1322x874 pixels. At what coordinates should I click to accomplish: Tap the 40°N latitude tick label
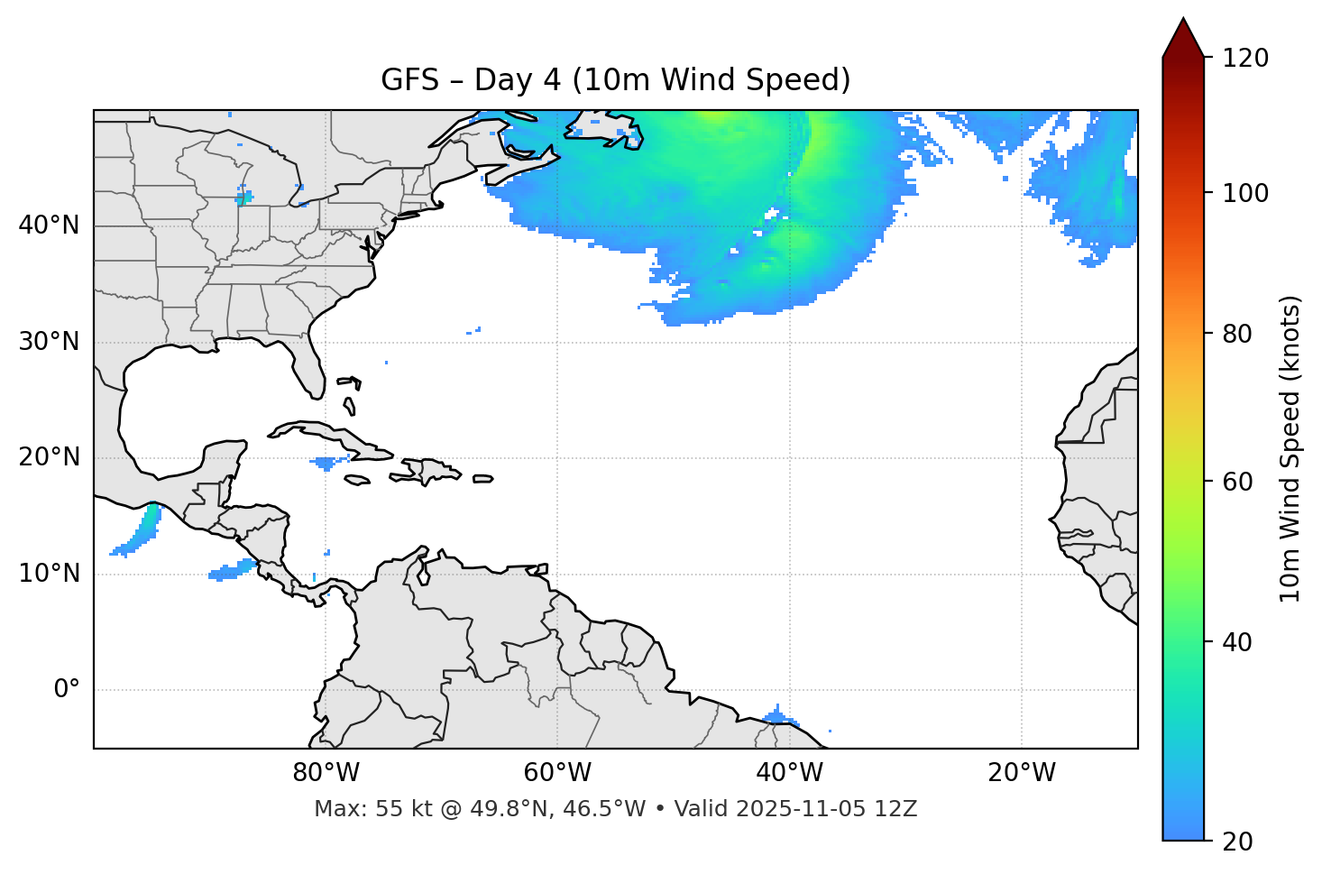(49, 225)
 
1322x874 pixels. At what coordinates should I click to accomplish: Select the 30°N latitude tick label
(49, 342)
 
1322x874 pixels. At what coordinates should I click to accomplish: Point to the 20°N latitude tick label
(49, 457)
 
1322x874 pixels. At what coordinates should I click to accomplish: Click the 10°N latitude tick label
(49, 574)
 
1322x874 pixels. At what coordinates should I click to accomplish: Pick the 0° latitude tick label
(67, 690)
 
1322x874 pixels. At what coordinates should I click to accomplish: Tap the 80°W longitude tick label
(326, 773)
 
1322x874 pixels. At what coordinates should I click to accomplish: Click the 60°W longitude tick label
(557, 773)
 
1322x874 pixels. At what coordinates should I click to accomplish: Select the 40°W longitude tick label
(789, 773)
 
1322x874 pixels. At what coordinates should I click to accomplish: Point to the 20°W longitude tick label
(1021, 773)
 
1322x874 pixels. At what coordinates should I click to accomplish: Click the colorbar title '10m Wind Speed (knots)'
(1290, 448)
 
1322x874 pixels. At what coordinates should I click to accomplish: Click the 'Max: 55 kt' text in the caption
(354, 809)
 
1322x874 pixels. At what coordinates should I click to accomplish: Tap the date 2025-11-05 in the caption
(809, 809)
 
